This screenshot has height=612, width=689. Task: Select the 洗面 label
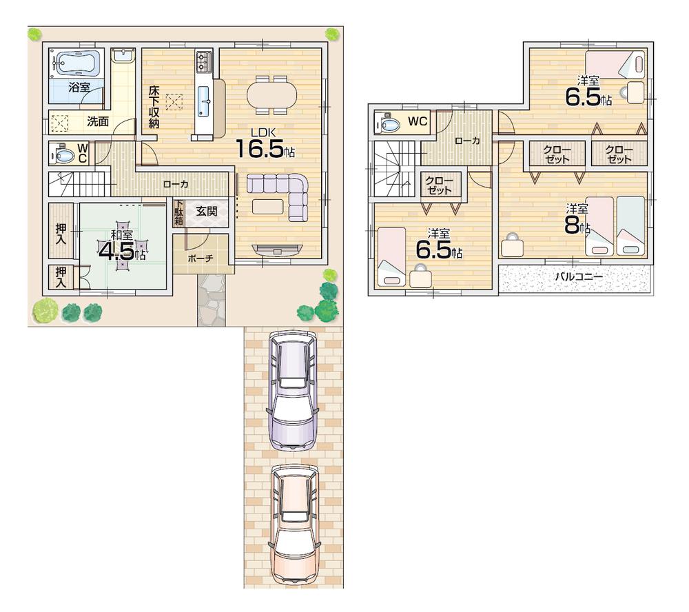tap(97, 122)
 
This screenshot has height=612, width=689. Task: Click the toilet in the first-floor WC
tap(63, 155)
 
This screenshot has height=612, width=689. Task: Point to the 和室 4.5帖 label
tap(122, 245)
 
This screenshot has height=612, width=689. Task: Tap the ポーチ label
tap(200, 258)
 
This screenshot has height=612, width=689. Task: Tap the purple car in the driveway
tap(294, 389)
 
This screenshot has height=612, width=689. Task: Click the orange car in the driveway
tap(294, 524)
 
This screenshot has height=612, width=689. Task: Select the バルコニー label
tap(579, 277)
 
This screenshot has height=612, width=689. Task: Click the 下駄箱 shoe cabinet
tap(178, 213)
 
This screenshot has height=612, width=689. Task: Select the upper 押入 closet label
tap(61, 229)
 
